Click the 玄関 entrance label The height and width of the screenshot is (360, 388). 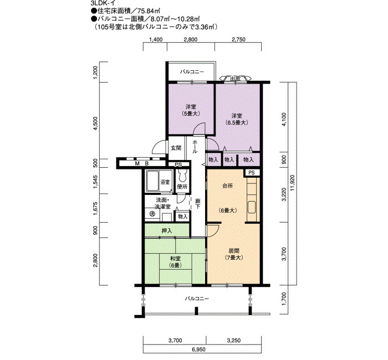click(x=176, y=148)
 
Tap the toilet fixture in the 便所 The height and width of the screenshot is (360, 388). click(x=182, y=176)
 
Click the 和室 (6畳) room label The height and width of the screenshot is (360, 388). click(x=175, y=262)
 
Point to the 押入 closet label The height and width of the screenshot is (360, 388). click(x=167, y=231)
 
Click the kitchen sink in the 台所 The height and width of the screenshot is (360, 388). click(x=252, y=208)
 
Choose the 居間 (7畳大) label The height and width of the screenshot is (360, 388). click(x=234, y=254)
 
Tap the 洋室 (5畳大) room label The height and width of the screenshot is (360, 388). click(x=191, y=110)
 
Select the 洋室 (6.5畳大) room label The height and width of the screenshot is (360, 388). click(x=237, y=119)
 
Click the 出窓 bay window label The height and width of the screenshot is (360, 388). click(x=236, y=79)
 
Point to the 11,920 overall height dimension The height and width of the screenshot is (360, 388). click(x=293, y=183)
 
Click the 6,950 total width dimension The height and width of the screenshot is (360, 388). click(x=198, y=349)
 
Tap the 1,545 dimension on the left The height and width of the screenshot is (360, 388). click(x=95, y=182)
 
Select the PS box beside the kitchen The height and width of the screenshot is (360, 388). click(x=252, y=173)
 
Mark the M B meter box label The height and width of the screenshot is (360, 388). click(x=142, y=163)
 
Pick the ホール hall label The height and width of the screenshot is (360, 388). click(x=195, y=146)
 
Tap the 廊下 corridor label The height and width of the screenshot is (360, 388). click(x=197, y=204)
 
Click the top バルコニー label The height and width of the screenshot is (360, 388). click(x=192, y=72)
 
